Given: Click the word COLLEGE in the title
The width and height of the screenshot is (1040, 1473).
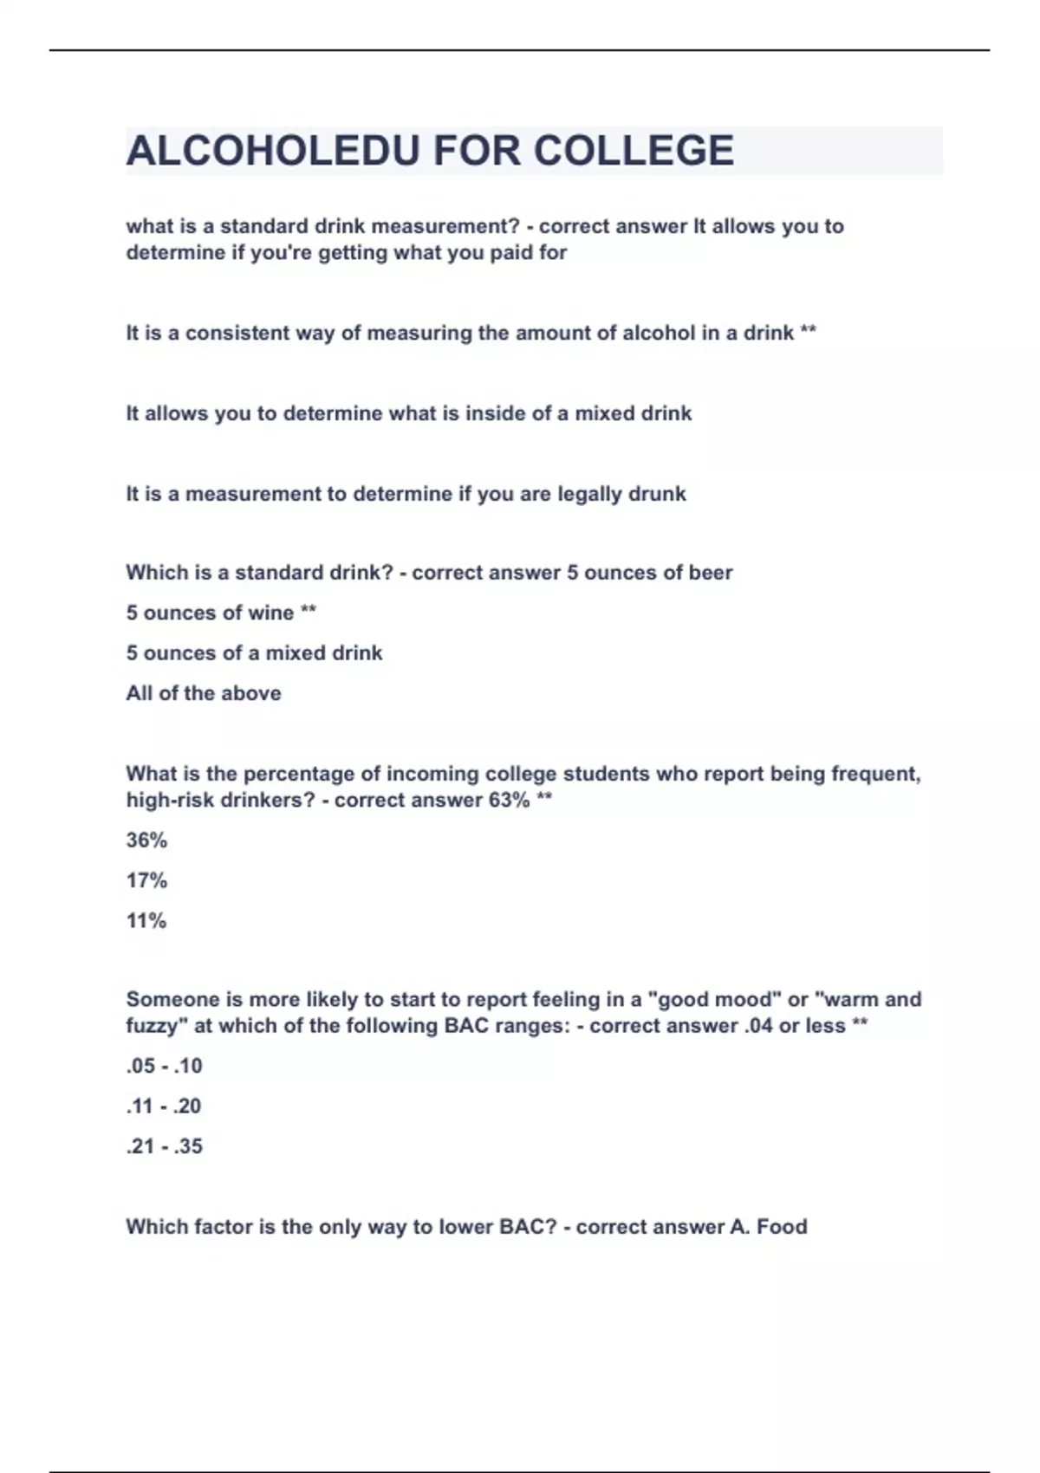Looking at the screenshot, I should click(634, 151).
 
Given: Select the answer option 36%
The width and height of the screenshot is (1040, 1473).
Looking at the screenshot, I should click(146, 840).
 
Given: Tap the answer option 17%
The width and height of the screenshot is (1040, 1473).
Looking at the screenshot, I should click(146, 880).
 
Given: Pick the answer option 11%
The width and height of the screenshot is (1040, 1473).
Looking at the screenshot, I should click(146, 920).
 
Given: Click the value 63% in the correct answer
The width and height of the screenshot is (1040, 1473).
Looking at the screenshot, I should click(509, 800).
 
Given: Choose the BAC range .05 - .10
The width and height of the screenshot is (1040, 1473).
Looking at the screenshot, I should click(164, 1066).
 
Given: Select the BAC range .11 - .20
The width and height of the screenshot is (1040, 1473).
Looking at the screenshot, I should click(163, 1106).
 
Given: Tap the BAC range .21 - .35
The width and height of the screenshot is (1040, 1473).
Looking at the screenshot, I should click(164, 1145).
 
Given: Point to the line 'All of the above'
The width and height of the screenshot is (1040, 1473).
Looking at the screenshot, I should click(204, 693).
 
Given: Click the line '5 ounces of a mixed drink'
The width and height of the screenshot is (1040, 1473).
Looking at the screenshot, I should click(254, 652).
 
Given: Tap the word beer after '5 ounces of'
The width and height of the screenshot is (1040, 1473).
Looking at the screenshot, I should click(711, 573).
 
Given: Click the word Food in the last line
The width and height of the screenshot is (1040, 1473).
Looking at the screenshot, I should click(782, 1226).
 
